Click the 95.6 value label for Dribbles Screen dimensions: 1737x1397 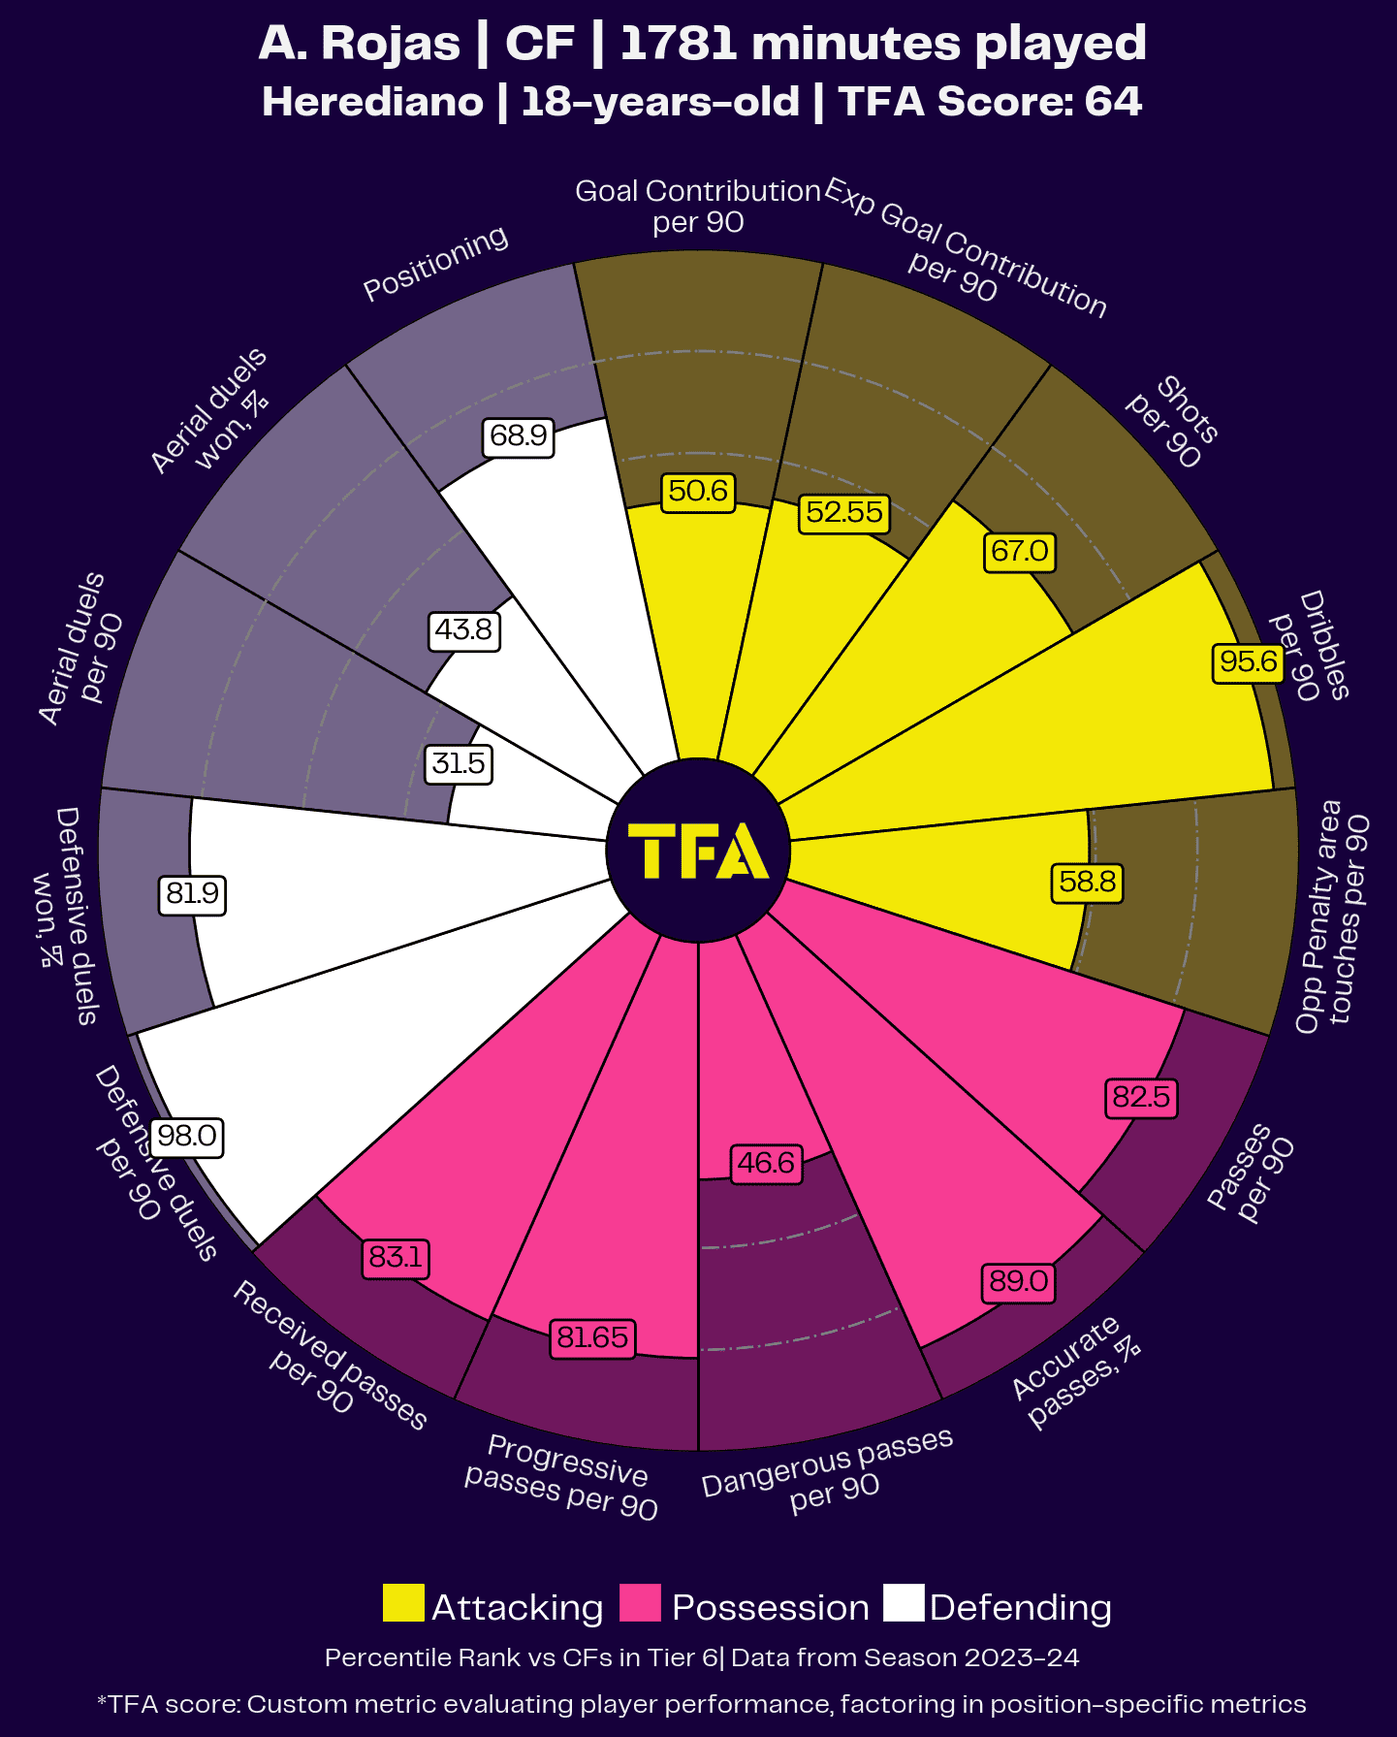coord(1248,662)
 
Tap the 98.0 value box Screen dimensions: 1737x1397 coord(187,1136)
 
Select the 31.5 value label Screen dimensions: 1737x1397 coord(459,763)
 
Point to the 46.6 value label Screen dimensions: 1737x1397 coord(766,1162)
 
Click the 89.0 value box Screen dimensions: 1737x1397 coord(1018,1282)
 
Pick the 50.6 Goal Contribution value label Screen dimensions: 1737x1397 coord(698,491)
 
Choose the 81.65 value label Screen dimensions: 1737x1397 coord(592,1338)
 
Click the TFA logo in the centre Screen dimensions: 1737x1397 coord(698,851)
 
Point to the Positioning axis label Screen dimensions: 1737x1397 coord(435,263)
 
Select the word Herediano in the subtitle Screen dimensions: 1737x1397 coord(372,103)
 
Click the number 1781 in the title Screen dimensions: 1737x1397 coord(677,44)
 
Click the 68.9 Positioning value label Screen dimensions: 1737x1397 coord(519,435)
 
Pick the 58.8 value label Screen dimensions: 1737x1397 coord(1088,882)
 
